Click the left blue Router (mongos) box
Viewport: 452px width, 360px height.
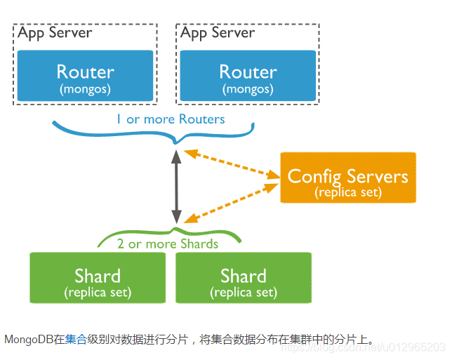85,77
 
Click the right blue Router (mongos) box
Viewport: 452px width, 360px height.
248,77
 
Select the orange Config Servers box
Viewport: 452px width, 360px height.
348,178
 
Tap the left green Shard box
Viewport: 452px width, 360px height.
98,278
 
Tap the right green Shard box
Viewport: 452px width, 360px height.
243,278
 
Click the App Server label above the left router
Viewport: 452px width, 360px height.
55,33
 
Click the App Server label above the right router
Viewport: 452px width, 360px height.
218,33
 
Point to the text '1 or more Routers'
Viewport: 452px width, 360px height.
171,119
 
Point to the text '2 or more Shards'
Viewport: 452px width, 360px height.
168,244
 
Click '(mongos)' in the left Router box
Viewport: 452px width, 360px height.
85,89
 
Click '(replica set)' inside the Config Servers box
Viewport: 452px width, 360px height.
348,191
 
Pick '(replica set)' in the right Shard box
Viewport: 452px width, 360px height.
243,292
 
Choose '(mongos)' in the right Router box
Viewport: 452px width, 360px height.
248,89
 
